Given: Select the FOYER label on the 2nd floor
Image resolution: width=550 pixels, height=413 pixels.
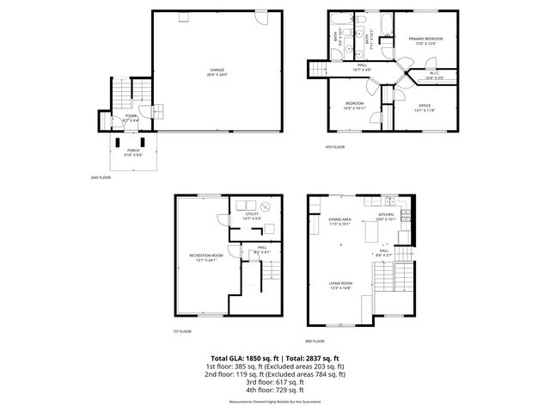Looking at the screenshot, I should coord(131,115).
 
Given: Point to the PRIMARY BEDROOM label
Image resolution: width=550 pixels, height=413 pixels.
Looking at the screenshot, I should coord(426,39).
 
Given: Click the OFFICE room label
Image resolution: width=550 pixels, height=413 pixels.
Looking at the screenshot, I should coord(425,106).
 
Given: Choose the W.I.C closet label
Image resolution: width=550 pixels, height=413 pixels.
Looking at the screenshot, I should coord(435,73).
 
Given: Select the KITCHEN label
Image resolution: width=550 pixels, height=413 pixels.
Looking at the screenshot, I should coord(386,214).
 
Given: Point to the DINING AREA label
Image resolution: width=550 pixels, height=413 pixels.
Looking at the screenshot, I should coord(340,219).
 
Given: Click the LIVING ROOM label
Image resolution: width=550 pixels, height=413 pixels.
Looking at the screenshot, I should coord(340,283).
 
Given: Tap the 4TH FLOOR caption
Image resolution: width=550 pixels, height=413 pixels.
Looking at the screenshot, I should coord(334,147).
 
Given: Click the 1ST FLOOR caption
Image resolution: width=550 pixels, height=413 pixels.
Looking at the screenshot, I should coord(180,331).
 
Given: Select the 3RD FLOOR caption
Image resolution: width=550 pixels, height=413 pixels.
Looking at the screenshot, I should coord(315,341).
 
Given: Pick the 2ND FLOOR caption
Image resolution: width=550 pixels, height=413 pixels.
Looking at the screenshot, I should coord(101,177).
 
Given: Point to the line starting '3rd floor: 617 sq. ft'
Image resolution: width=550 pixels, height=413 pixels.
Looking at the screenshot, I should coord(274,382).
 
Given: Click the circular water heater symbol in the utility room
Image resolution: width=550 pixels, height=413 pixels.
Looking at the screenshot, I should coord(266,206).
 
